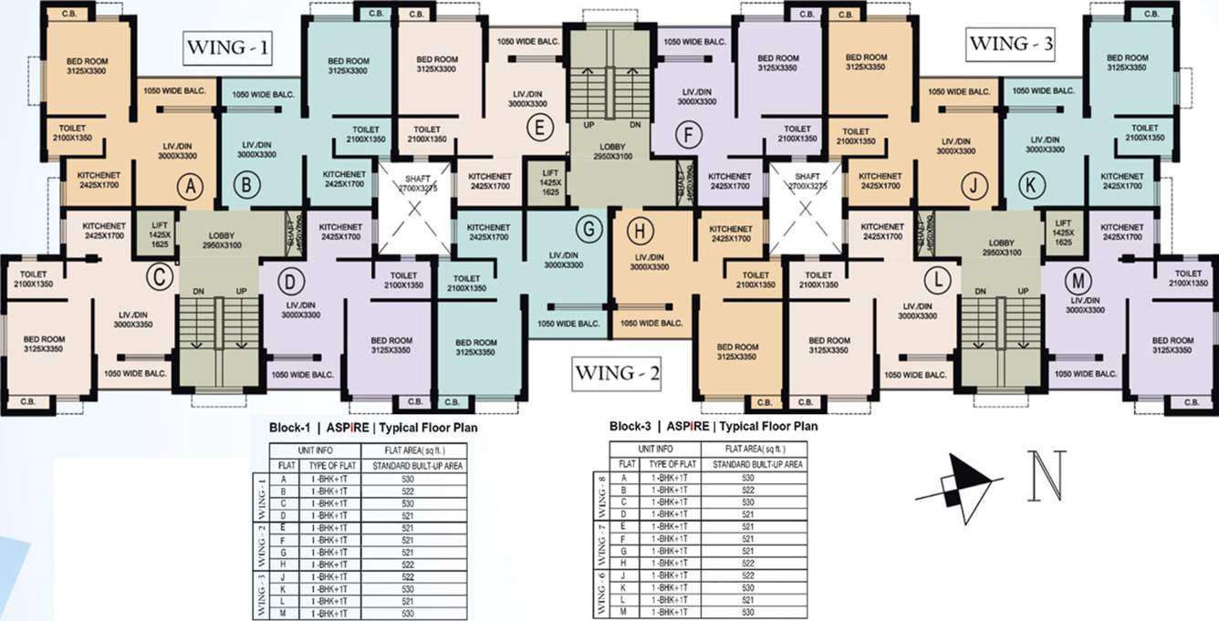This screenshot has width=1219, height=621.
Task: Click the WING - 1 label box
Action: pyautogui.click(x=227, y=47)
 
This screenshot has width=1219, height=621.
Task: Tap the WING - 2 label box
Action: pyautogui.click(x=616, y=373)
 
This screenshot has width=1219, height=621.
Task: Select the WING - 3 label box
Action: pyautogui.click(x=1011, y=44)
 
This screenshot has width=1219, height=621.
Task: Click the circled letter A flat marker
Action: pyautogui.click(x=190, y=187)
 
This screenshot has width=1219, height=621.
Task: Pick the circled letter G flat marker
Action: pyautogui.click(x=589, y=229)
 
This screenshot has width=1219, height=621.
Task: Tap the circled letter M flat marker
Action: pyautogui.click(x=1079, y=278)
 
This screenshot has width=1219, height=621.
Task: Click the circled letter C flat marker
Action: pyautogui.click(x=161, y=277)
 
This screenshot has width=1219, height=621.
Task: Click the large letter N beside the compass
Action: pyautogui.click(x=1046, y=476)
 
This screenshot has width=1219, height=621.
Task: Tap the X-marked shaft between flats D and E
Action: pyautogui.click(x=415, y=208)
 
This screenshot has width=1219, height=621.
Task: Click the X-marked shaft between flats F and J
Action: pyautogui.click(x=807, y=208)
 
